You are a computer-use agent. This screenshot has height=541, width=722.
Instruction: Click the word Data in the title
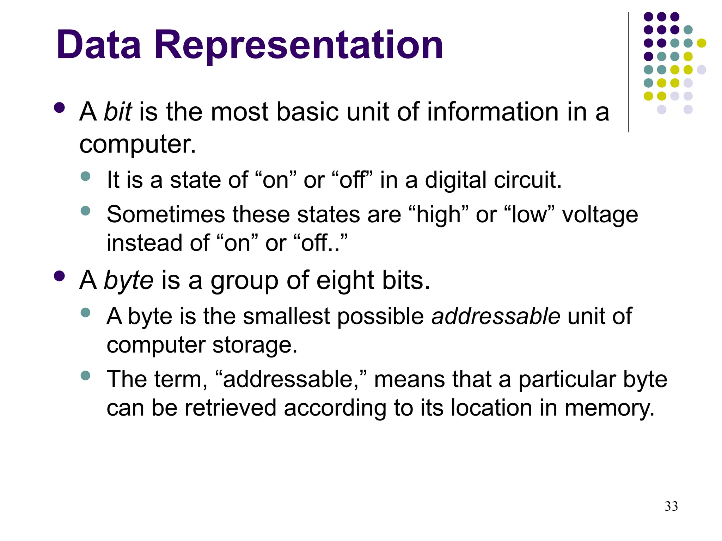(99, 45)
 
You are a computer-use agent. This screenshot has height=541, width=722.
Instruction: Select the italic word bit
(118, 112)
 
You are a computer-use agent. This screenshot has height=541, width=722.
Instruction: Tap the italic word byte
(129, 281)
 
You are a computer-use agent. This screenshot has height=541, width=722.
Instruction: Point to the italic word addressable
(496, 316)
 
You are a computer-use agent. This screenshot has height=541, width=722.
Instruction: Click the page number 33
(671, 506)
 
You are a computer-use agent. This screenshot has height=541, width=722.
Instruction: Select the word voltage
(600, 214)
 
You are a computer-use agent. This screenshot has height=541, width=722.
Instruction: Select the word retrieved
(230, 408)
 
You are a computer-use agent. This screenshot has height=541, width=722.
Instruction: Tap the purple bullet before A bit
(59, 107)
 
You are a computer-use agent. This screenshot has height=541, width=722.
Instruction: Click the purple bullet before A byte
(59, 276)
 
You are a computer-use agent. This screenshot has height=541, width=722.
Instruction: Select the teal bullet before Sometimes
(85, 211)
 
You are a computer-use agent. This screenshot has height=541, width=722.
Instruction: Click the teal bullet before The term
(85, 375)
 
